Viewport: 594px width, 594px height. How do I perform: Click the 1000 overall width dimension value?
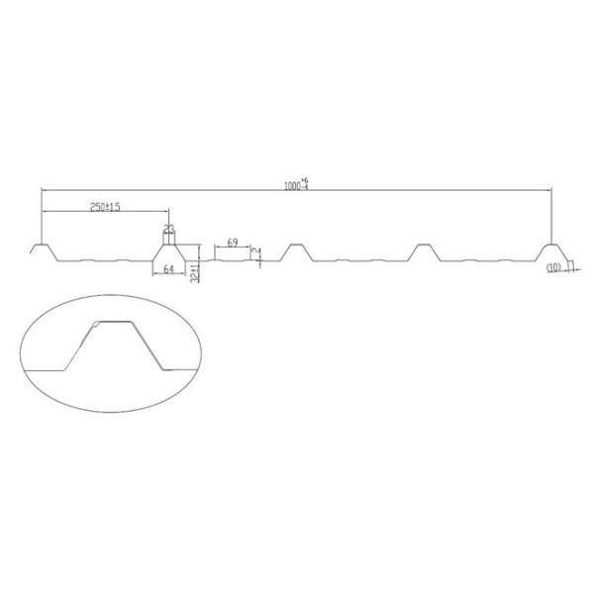click(290, 183)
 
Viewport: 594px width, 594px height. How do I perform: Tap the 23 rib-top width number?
click(168, 229)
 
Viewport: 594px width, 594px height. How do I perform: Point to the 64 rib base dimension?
click(168, 268)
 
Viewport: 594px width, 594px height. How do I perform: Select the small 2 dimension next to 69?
click(259, 254)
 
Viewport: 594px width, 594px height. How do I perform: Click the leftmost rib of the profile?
click(40, 249)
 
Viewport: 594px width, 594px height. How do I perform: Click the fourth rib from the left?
click(424, 249)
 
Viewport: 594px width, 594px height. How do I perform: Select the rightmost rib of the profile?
click(552, 249)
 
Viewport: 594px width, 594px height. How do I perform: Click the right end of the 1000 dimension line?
click(552, 189)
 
